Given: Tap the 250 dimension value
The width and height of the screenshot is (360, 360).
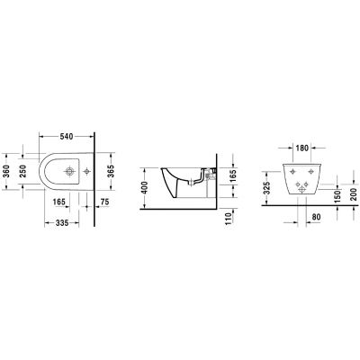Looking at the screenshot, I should pos(23,172).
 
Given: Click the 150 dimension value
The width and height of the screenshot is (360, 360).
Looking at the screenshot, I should pos(336,195).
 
